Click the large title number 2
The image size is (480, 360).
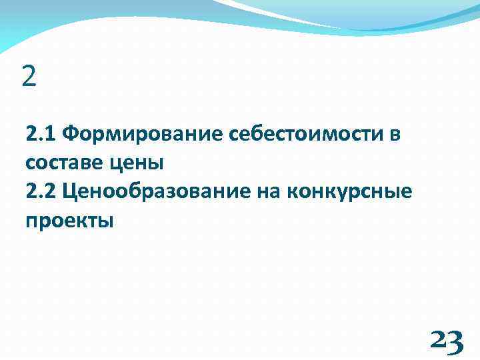click(x=29, y=77)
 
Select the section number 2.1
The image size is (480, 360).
click(x=41, y=135)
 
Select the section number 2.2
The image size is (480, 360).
click(x=41, y=192)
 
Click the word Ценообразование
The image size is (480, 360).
click(x=157, y=193)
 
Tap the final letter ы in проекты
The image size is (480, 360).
click(x=107, y=221)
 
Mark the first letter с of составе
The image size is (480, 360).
click(x=31, y=164)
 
